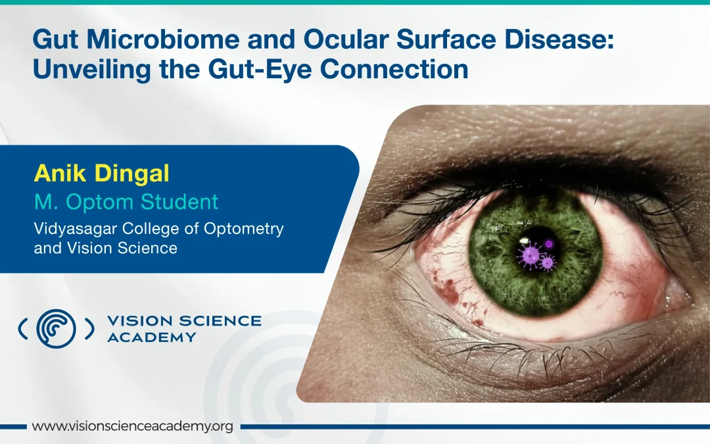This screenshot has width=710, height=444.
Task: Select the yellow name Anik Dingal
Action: click(x=101, y=174)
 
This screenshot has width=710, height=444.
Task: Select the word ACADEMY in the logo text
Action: click(x=151, y=337)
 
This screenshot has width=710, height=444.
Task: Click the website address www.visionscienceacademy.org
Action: click(x=133, y=426)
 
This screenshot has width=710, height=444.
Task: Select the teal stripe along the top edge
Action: click(x=355, y=2)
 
